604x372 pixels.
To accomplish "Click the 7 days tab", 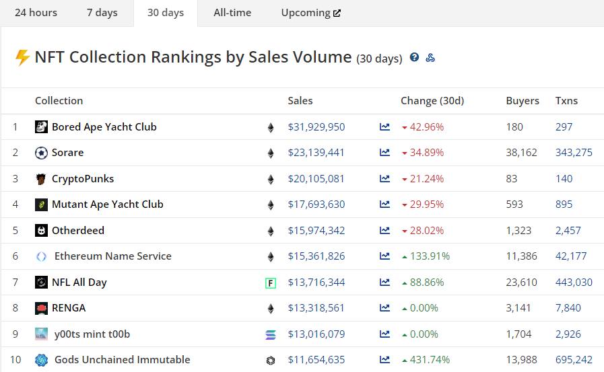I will pyautogui.click(x=102, y=13).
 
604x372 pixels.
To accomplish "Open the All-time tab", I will pyautogui.click(x=232, y=13).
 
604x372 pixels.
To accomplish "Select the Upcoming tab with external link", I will pyautogui.click(x=310, y=13).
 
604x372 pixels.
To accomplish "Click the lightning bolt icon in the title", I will pyautogui.click(x=22, y=57).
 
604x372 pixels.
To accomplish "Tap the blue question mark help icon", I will pyautogui.click(x=415, y=58).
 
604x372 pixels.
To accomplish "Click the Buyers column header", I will pyautogui.click(x=523, y=101).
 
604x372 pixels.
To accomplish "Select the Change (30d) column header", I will pyautogui.click(x=432, y=101).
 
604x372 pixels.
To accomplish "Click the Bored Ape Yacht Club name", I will pyautogui.click(x=104, y=127).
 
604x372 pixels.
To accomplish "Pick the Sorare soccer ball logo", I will pyautogui.click(x=41, y=153).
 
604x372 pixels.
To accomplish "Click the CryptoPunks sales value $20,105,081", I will pyautogui.click(x=316, y=179).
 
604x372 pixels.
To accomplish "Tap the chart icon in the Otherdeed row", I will pyautogui.click(x=384, y=231).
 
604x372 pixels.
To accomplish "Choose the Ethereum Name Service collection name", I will pyautogui.click(x=112, y=256).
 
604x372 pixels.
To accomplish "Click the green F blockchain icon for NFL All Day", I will pyautogui.click(x=271, y=283).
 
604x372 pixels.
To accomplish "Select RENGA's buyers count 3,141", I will pyautogui.click(x=518, y=308).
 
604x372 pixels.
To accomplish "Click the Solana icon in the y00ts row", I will pyautogui.click(x=271, y=334).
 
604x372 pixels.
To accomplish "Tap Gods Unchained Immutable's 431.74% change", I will pyautogui.click(x=429, y=360).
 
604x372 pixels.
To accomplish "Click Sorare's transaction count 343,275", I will pyautogui.click(x=574, y=153).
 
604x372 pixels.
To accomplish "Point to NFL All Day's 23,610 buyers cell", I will pyautogui.click(x=521, y=283).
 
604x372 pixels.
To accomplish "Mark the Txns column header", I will pyautogui.click(x=566, y=101).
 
